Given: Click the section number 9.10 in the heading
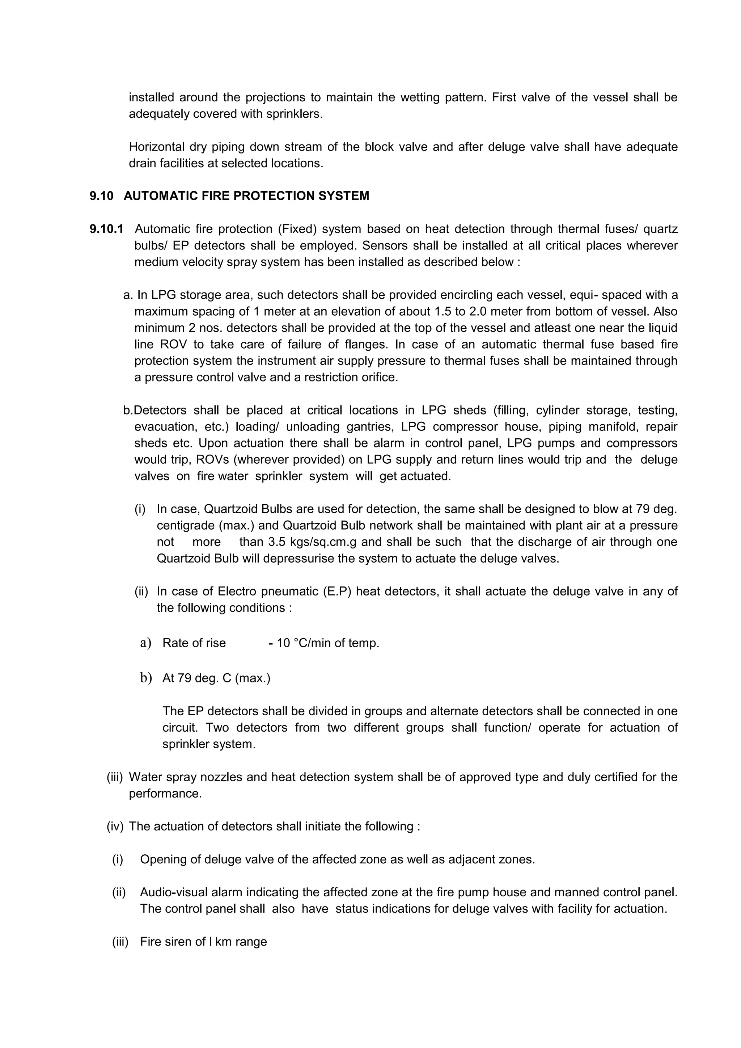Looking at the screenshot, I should click(x=101, y=196).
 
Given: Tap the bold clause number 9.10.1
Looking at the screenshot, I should click(x=106, y=229).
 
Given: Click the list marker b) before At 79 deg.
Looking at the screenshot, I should click(x=145, y=678).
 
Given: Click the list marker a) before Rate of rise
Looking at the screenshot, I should click(x=145, y=643).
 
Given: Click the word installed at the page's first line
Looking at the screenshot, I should click(x=151, y=97).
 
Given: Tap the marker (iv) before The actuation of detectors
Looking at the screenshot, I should click(x=115, y=826).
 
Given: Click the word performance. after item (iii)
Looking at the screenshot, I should click(x=165, y=794).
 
